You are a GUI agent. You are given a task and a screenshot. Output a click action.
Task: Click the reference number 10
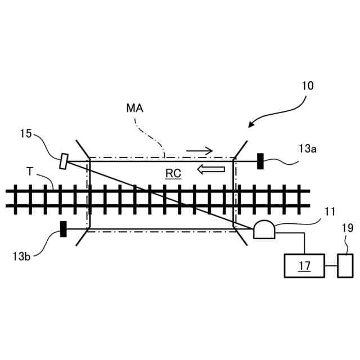pos(308,86)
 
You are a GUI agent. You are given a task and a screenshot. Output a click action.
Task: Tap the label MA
pos(135,108)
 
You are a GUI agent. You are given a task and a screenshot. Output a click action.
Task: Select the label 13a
pos(308,148)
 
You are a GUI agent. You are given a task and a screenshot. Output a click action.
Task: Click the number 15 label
pos(26,134)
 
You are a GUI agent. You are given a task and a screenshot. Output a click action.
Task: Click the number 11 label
pos(330,211)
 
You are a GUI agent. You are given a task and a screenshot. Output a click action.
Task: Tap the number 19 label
pos(347,228)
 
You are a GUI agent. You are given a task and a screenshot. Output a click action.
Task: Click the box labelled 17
pos(304,265)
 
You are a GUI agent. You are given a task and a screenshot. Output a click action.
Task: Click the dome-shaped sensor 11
pos(264,229)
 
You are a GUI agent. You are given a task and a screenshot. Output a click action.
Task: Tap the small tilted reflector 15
pos(64,161)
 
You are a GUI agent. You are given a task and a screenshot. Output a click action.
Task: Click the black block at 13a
pos(260,161)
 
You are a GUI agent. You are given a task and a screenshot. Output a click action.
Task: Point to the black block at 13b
pos(64,229)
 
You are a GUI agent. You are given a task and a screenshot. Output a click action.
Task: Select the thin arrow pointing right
pos(200,151)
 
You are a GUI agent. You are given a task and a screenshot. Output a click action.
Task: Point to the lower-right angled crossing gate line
pos(241,237)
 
